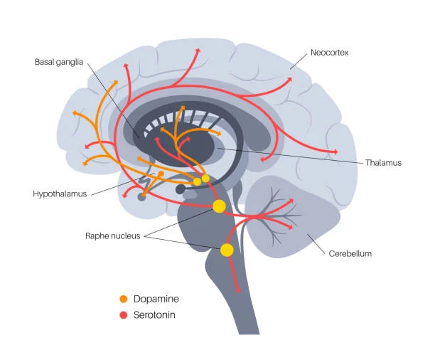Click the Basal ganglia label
59,63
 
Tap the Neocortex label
330,53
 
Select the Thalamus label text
385,163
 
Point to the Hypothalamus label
60,194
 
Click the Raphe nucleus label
112,235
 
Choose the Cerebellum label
350,253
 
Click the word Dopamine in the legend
156,300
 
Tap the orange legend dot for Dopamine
124,300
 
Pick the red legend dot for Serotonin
124,314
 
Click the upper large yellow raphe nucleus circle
219,206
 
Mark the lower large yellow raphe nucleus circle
227,250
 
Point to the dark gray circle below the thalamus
181,189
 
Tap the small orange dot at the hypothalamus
161,174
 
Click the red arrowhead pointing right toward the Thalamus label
333,152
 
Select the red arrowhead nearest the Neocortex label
289,81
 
